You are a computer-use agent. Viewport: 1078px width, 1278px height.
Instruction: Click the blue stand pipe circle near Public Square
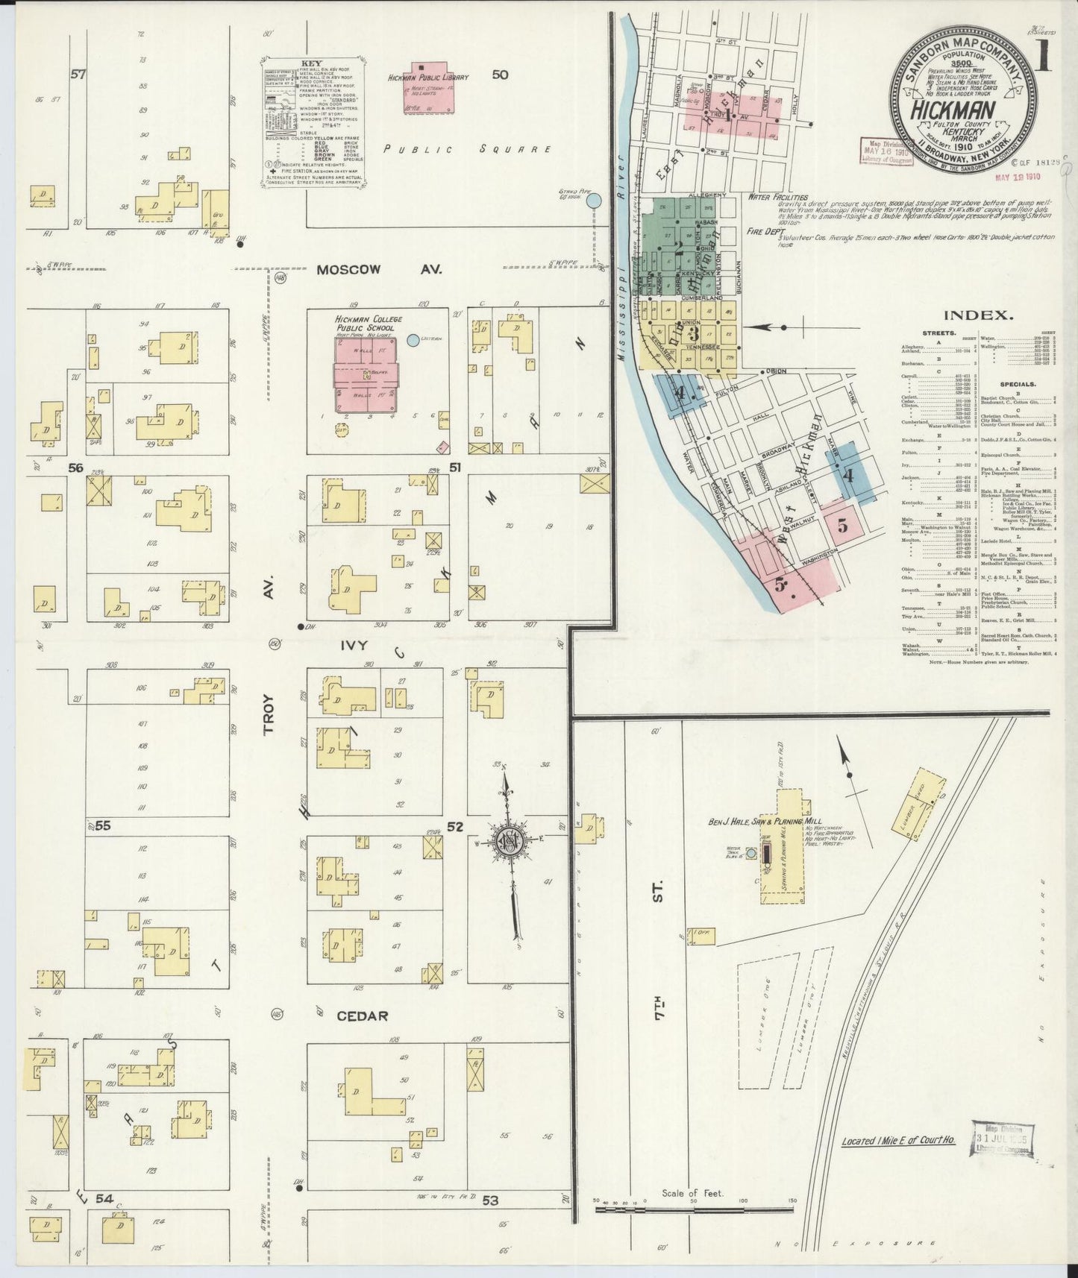tap(594, 200)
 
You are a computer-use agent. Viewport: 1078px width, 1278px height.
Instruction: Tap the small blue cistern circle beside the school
tap(413, 341)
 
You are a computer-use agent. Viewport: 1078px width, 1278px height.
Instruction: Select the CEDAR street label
tap(362, 1016)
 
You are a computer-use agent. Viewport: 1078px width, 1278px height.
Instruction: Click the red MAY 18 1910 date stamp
tap(1018, 177)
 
